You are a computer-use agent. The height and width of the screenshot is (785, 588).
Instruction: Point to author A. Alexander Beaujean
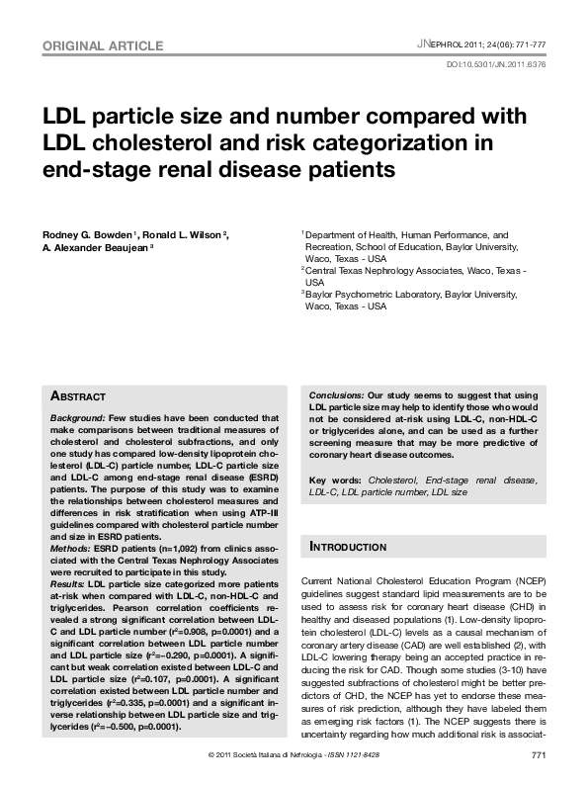tap(95, 247)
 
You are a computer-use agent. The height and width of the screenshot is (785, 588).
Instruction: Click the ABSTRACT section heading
tap(78, 396)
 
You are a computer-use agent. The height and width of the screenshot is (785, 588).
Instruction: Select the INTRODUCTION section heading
tap(351, 546)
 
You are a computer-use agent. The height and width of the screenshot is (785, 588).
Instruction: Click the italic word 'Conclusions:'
tap(337, 394)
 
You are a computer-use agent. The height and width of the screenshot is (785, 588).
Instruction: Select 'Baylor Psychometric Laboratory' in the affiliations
tap(372, 295)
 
